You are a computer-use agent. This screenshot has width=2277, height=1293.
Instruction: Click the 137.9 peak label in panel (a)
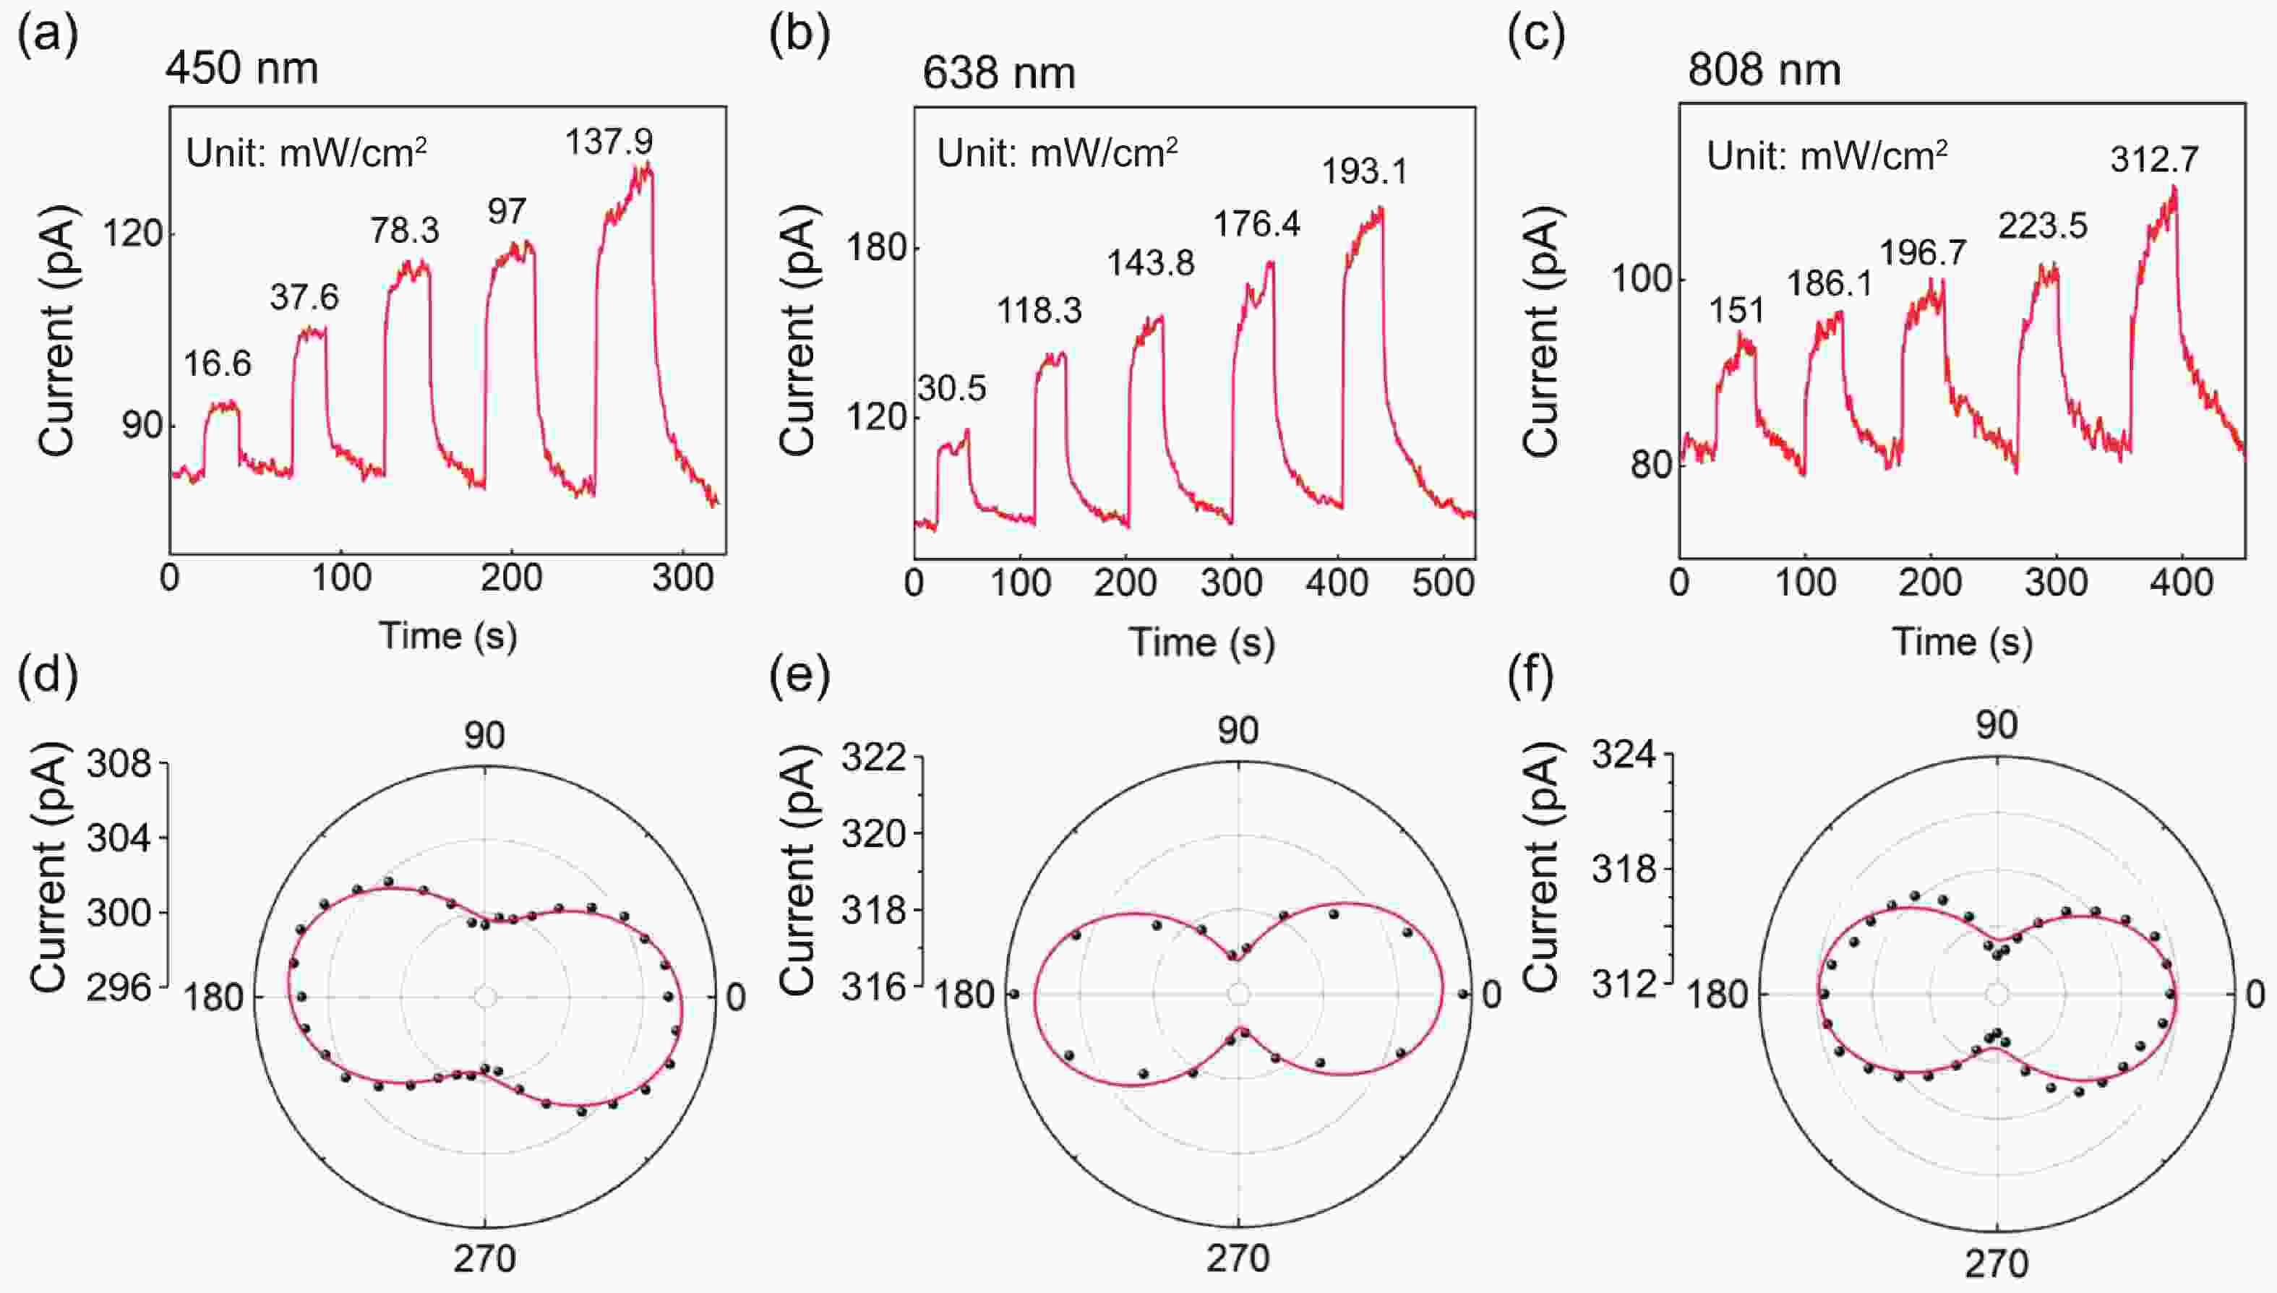(x=609, y=141)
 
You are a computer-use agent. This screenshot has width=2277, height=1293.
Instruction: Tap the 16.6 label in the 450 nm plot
(x=218, y=364)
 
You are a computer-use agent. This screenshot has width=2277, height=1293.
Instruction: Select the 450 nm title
(x=241, y=69)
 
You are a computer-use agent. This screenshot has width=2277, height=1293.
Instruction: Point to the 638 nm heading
(x=998, y=72)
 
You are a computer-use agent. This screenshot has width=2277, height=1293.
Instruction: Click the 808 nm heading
(x=1764, y=69)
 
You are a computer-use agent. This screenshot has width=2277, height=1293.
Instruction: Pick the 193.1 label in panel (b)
(x=1364, y=171)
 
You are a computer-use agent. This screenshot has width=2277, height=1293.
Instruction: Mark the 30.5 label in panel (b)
(x=951, y=389)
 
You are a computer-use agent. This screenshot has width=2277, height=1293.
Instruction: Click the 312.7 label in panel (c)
(x=2154, y=160)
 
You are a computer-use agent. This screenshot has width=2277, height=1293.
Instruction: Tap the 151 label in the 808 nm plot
(x=1737, y=311)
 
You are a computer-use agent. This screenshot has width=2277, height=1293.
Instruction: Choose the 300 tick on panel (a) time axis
(x=682, y=579)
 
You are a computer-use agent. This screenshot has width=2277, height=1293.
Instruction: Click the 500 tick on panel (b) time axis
(x=1443, y=583)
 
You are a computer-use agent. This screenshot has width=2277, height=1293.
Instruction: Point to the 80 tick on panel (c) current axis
(x=1650, y=465)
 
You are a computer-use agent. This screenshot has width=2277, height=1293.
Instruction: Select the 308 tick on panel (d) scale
(x=119, y=763)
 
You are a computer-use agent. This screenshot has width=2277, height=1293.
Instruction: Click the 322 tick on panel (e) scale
(x=874, y=757)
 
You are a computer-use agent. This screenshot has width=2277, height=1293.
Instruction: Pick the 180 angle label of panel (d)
(x=213, y=998)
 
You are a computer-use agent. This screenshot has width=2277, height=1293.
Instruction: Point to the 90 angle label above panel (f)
(x=1997, y=726)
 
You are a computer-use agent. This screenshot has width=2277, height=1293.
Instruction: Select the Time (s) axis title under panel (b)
(x=1201, y=641)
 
